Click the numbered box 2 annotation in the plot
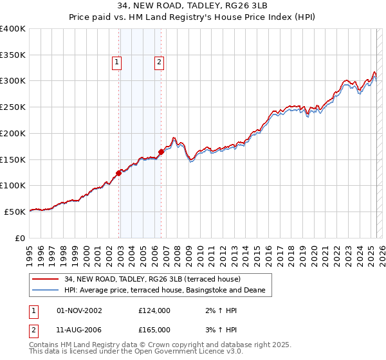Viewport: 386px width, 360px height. (159, 62)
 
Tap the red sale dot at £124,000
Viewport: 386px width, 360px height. (119, 172)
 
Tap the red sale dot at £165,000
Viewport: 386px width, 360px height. (161, 152)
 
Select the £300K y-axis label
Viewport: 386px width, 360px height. (14, 81)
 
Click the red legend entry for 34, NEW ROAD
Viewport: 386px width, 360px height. (152, 279)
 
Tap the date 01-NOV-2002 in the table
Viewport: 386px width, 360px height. (80, 310)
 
